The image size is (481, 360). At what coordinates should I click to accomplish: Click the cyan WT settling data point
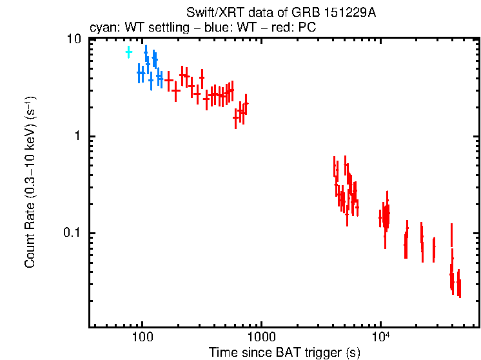(128, 52)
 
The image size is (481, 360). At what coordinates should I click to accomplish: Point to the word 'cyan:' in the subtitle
(103, 28)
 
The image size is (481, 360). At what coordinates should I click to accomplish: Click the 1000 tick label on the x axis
(261, 336)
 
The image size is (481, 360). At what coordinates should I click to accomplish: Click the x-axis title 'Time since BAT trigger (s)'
(284, 352)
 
